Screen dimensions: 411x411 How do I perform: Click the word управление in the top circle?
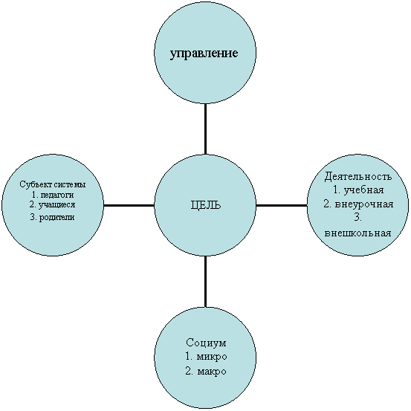(204, 54)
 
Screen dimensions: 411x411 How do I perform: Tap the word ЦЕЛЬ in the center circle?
(205, 205)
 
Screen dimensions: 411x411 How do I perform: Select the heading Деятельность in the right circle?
(358, 177)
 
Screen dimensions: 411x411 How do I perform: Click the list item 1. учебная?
(358, 190)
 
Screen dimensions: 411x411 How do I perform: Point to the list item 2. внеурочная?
(358, 204)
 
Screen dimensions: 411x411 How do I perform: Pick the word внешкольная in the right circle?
(357, 233)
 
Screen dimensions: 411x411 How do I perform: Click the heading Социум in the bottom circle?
(206, 343)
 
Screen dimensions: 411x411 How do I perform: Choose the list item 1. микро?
(206, 357)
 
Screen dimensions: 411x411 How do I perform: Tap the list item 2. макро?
(205, 371)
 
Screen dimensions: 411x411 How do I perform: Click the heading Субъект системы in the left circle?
(53, 184)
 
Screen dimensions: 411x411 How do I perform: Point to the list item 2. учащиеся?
(53, 205)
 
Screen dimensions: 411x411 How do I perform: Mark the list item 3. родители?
(53, 217)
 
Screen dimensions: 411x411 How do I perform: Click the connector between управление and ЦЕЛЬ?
(205, 129)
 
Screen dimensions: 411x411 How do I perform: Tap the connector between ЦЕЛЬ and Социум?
(205, 282)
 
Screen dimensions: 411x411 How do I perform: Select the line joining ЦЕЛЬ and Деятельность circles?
(282, 205)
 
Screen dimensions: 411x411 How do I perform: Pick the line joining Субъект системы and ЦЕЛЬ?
(129, 205)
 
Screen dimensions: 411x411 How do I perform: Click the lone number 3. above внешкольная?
(357, 218)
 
